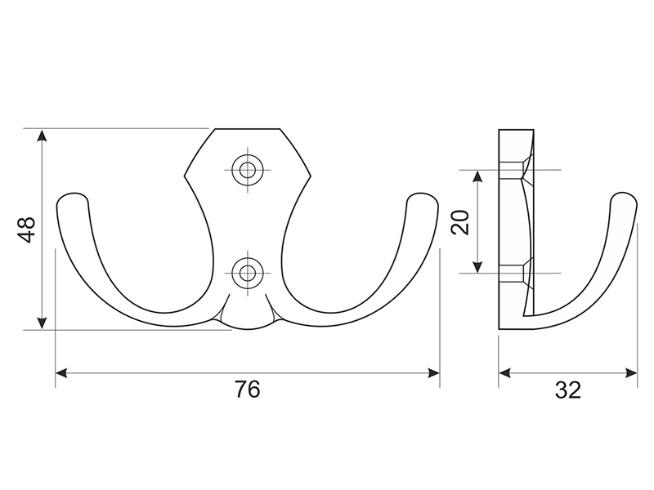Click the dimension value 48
28,229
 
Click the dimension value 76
248,390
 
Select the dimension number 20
461,222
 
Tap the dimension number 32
567,390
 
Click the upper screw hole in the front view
248,170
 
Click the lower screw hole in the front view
248,274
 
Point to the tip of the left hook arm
72,195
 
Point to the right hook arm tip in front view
423,195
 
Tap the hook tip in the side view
624,194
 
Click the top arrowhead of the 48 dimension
42,135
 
